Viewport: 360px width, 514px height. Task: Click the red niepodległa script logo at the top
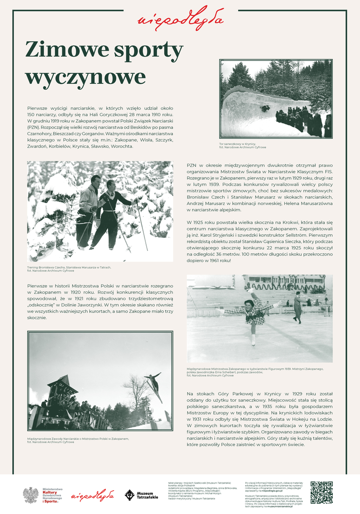(x=180, y=18)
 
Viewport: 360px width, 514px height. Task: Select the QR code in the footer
(x=321, y=493)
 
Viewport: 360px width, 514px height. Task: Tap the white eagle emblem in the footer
(x=31, y=495)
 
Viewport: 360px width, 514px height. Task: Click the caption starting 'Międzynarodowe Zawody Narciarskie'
(x=77, y=438)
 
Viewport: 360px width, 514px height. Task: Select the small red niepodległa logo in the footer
(x=93, y=495)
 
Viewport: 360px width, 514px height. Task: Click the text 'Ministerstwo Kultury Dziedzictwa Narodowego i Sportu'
(x=53, y=495)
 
